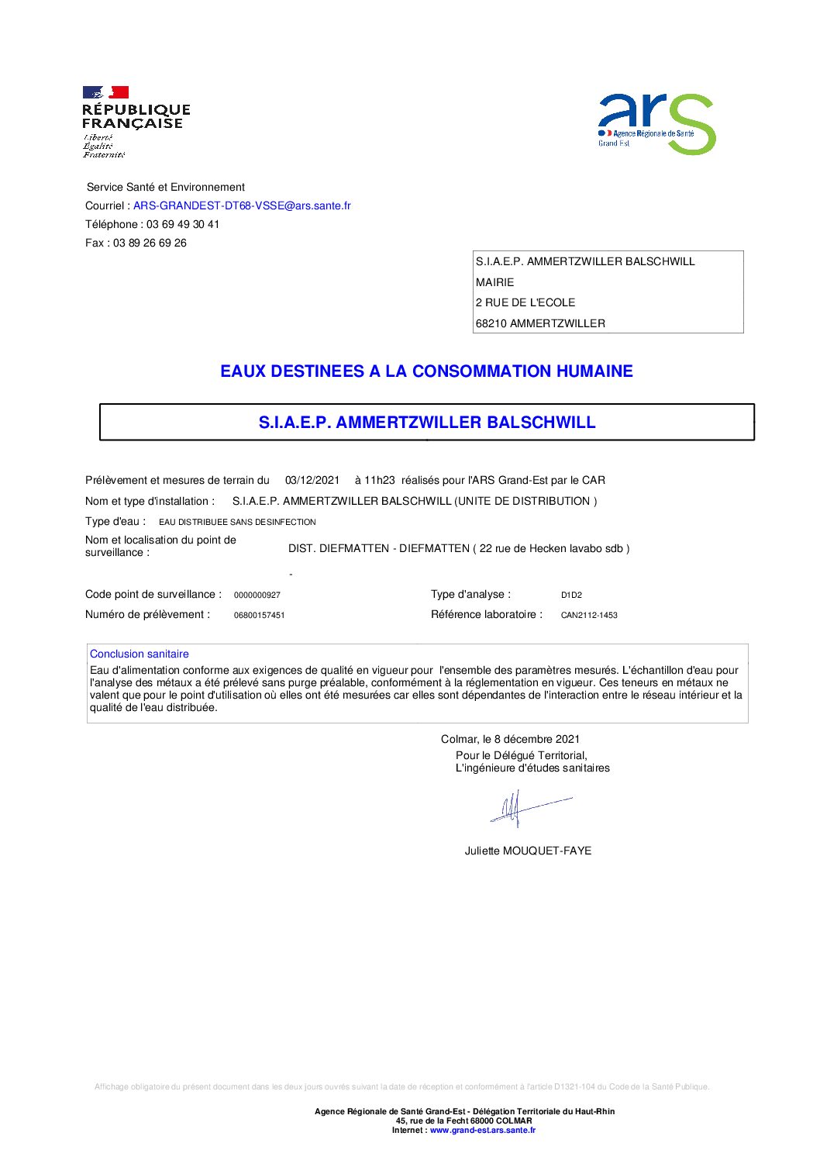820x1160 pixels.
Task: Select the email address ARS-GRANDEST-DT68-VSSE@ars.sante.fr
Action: [x=242, y=205]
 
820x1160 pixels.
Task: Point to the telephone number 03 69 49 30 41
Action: [x=183, y=224]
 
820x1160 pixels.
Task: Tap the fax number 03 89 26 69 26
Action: [x=150, y=243]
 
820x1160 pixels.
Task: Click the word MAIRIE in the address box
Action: [x=494, y=282]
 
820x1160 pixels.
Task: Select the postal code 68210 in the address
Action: [x=491, y=323]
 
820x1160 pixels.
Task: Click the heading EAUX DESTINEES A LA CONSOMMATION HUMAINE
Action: [x=426, y=371]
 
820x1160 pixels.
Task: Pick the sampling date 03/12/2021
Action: [x=312, y=480]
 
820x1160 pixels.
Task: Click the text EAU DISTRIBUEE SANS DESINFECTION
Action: [x=237, y=522]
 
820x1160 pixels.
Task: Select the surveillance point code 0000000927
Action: [x=257, y=595]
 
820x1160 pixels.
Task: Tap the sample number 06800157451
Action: [x=259, y=615]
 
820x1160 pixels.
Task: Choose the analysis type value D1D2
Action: [x=571, y=595]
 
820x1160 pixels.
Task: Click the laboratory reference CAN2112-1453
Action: [x=589, y=615]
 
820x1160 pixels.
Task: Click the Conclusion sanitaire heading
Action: [x=140, y=654]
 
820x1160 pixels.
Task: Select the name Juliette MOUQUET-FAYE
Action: [x=528, y=851]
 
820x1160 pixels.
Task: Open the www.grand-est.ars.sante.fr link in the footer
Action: [x=482, y=1130]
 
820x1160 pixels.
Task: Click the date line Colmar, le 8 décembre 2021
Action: [x=510, y=739]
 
